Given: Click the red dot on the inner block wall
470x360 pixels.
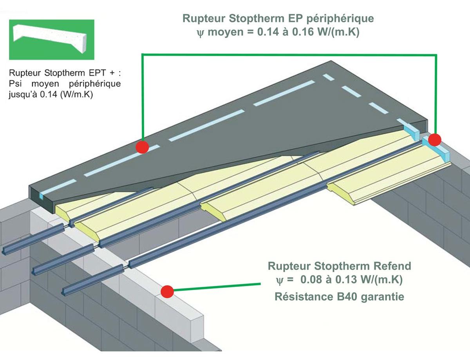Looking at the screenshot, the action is click(167, 292).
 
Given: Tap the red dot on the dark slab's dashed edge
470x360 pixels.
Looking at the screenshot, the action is click(142, 147).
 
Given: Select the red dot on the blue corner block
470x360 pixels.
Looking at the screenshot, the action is click(435, 140).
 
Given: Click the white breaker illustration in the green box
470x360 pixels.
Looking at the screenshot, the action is click(50, 38).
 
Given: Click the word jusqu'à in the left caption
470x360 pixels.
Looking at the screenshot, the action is click(23, 95).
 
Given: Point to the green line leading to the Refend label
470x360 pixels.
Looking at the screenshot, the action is click(217, 287).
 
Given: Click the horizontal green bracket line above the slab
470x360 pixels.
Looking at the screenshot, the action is click(289, 54).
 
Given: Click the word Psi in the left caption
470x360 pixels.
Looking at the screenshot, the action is click(15, 83).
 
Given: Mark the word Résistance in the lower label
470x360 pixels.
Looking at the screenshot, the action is click(304, 297).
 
